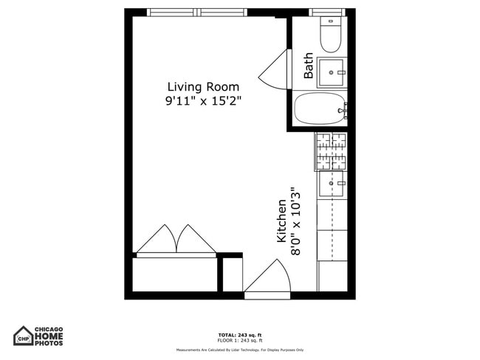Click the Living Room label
(x=203, y=86)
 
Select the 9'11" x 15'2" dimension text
(x=203, y=101)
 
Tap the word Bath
(x=308, y=66)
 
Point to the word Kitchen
(x=281, y=221)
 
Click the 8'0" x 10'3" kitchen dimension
(x=296, y=221)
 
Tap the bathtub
(x=320, y=109)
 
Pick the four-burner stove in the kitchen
(x=331, y=150)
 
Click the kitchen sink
(x=331, y=183)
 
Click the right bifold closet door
(x=196, y=240)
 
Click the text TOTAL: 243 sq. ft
(x=239, y=335)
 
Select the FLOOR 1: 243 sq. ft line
(x=239, y=341)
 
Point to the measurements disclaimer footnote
(x=239, y=350)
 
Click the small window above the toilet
(x=327, y=13)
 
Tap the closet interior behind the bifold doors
(x=175, y=274)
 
